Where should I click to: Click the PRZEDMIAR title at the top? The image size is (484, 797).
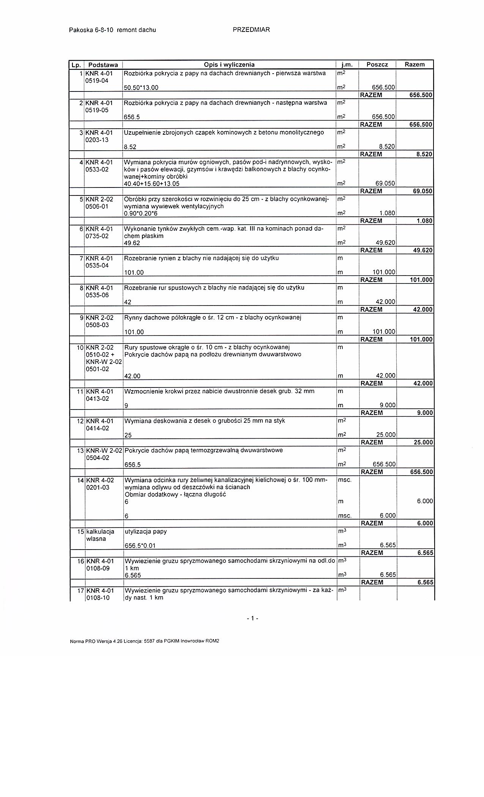(251, 30)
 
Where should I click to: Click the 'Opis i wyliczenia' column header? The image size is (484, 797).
(229, 65)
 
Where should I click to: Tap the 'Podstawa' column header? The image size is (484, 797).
(103, 65)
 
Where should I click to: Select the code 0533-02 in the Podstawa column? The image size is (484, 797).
(97, 169)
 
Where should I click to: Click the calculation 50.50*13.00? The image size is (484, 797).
(141, 88)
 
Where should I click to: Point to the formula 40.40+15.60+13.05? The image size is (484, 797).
(152, 184)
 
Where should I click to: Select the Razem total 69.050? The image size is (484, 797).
(423, 191)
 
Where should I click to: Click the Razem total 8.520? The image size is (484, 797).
(425, 154)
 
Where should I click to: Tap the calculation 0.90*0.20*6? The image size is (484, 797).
(141, 214)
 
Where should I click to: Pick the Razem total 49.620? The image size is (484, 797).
(423, 250)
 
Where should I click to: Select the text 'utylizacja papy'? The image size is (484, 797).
(146, 531)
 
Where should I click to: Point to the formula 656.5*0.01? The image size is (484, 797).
(140, 546)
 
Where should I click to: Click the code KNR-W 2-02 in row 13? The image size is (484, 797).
(104, 450)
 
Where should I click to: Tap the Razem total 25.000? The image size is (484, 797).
(423, 443)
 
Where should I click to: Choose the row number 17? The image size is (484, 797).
(80, 591)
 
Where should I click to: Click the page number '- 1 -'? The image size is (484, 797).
(252, 618)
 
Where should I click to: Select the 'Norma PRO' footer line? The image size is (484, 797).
(145, 641)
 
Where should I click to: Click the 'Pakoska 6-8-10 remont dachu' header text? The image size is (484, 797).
(112, 30)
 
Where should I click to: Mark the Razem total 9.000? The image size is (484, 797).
(425, 413)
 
